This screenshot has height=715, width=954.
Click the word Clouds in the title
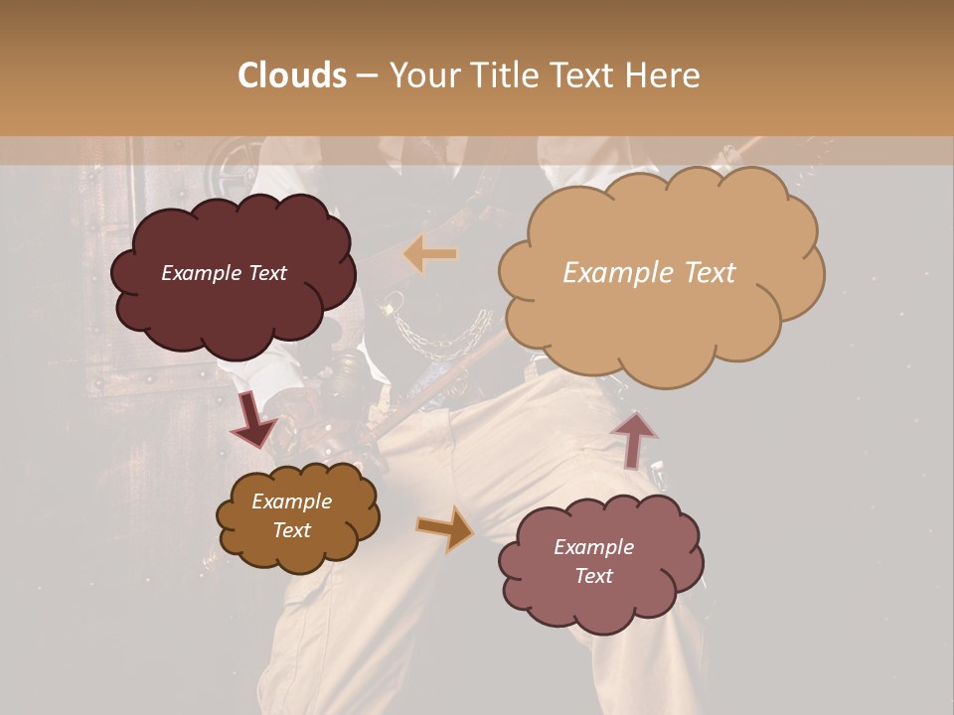point(293,74)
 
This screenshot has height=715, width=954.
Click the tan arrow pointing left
point(430,254)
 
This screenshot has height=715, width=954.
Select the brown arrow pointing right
point(444,528)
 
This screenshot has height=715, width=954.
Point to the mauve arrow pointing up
point(633,439)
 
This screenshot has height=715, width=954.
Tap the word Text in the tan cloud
point(704,273)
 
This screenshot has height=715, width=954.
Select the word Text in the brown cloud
point(292,530)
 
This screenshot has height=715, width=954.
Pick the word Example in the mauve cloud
point(593,547)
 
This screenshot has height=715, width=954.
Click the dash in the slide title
point(366,75)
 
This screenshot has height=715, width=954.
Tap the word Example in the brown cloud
point(292,501)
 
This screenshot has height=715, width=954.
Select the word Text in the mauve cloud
point(593,576)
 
